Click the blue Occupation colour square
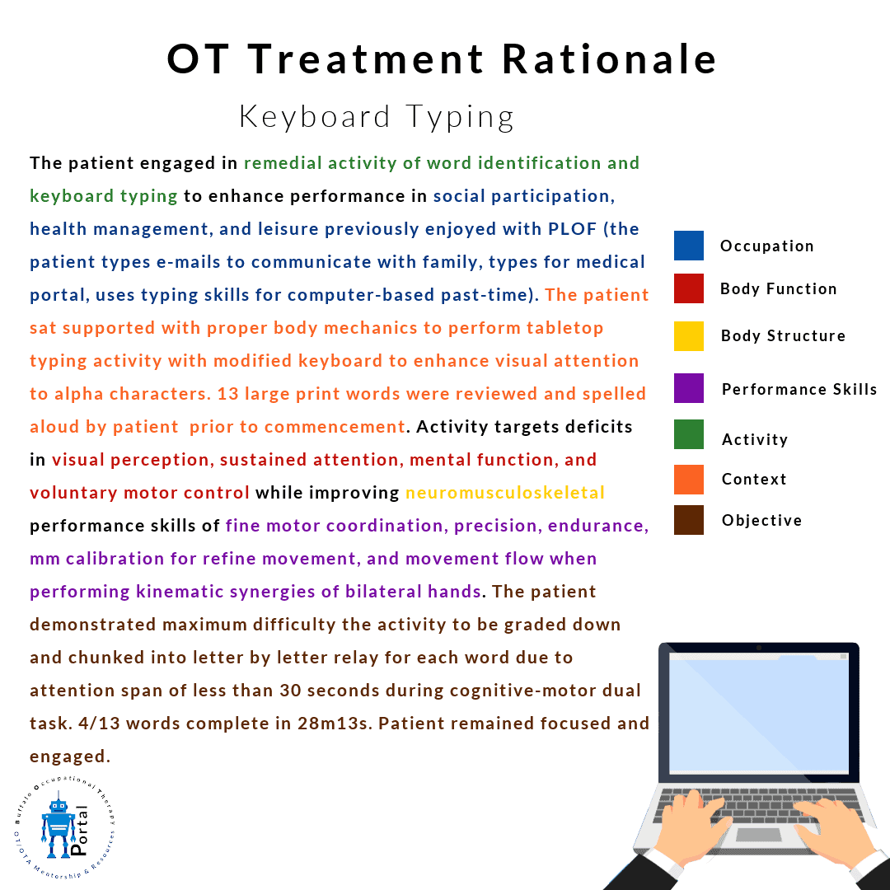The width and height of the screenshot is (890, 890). click(x=688, y=246)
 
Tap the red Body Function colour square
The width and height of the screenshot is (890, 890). click(x=688, y=288)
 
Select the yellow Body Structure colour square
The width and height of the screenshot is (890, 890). click(x=688, y=336)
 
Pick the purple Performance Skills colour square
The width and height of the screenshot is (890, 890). click(x=688, y=388)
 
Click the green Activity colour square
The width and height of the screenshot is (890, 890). click(x=688, y=434)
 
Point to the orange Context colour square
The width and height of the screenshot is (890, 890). click(x=688, y=480)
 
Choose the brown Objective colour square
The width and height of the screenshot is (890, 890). click(x=688, y=520)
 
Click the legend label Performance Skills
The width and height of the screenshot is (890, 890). click(x=799, y=389)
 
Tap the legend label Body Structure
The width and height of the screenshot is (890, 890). click(x=783, y=336)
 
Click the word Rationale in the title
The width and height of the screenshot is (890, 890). click(x=610, y=59)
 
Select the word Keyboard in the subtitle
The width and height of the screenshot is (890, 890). click(x=315, y=117)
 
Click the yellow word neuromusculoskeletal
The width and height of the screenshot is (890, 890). click(x=505, y=493)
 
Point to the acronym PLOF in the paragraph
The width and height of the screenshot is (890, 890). click(x=572, y=229)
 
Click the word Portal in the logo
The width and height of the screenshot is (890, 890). click(x=79, y=830)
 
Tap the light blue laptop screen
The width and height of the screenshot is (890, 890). click(x=759, y=713)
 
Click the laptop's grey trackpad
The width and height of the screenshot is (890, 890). click(x=758, y=834)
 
